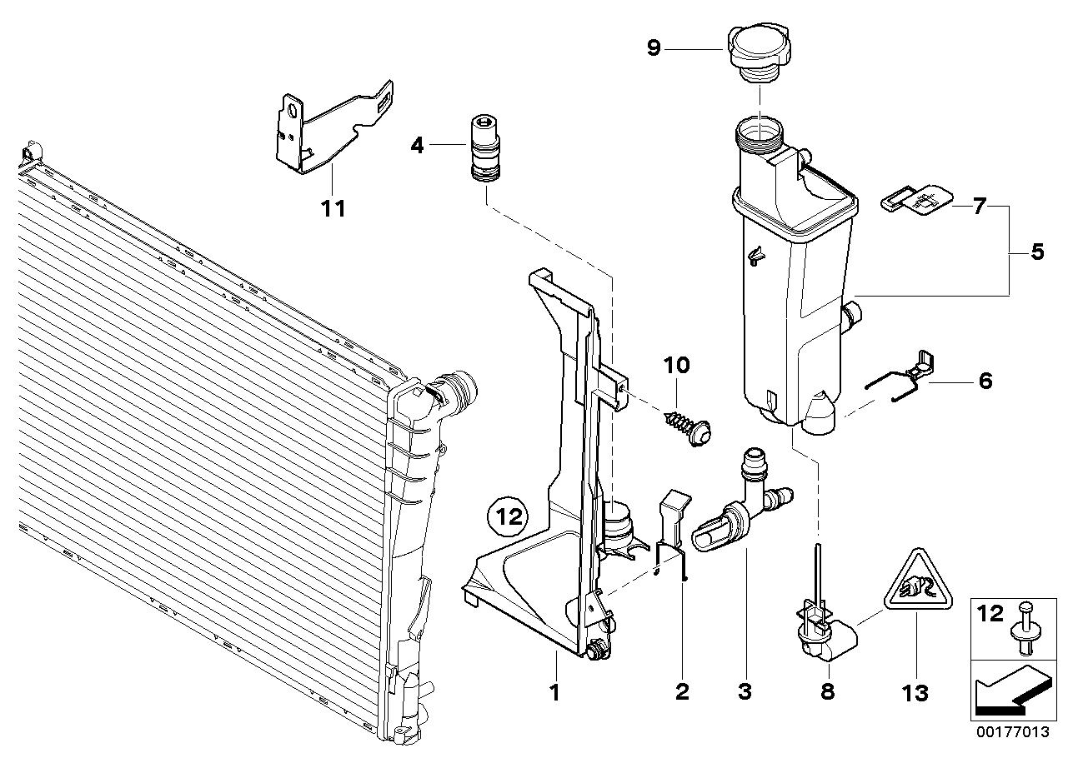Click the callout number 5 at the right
click(x=1036, y=252)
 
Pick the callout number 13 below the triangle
click(x=915, y=691)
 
